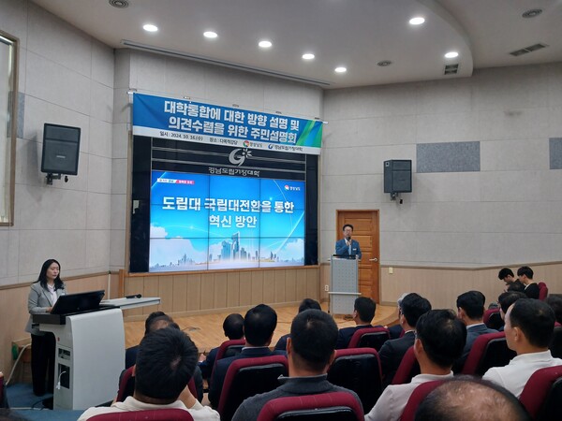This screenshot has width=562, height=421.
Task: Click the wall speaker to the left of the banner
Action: (60, 150)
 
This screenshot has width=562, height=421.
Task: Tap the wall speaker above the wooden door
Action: (397, 176)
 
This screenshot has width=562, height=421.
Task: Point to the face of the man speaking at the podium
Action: (347, 231)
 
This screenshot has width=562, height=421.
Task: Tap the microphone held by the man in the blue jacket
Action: (349, 240)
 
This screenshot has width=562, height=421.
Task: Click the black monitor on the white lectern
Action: (77, 302)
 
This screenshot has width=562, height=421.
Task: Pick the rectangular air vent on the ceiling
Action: (527, 50)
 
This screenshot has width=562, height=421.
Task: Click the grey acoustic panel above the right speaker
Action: (447, 156)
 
